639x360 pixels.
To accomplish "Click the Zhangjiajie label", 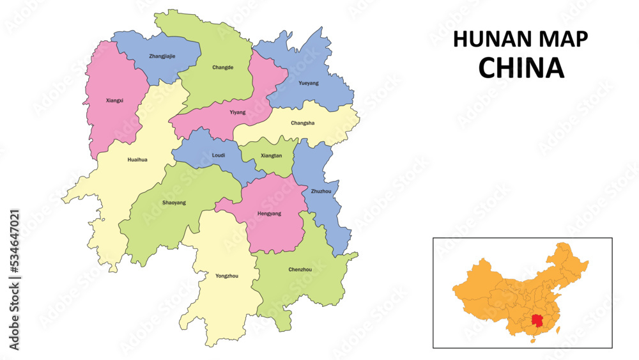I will pos(162,56).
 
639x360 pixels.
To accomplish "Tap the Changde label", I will pos(222,67).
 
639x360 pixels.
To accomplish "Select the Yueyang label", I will pos(308,83).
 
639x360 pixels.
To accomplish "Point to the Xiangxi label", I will pos(115,100).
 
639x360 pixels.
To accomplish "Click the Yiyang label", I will pos(237,112).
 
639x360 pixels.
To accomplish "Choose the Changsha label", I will pos(302,123).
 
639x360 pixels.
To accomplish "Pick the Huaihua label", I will pos(137,160).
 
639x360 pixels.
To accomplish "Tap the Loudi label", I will pos(218,155).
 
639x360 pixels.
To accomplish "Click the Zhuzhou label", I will pos(321,191).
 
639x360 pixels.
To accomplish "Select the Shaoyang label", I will pos(174,203).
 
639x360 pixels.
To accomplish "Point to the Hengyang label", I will pos(269,214).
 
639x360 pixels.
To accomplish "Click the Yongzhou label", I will pos(226,276).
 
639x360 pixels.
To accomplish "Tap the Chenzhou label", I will pos(300,269).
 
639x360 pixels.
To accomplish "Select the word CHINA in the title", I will pos(521,68).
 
